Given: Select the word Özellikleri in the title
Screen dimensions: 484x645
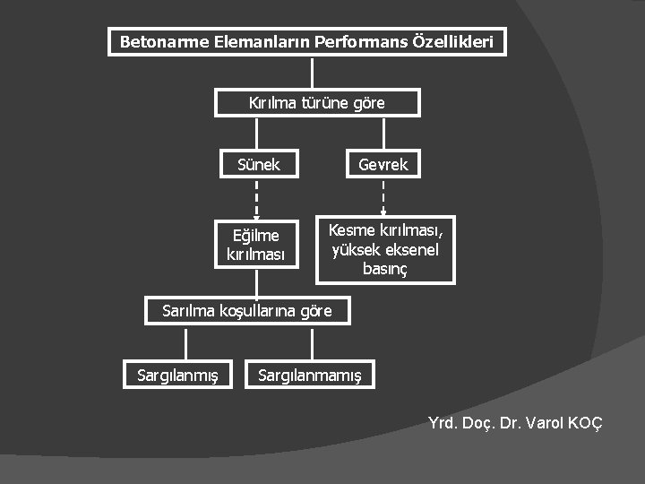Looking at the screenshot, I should [453, 42].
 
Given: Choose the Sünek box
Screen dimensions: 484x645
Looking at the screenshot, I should [258, 164].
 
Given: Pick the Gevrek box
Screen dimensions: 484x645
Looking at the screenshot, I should [383, 164].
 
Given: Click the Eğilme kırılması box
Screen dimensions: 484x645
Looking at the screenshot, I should [256, 245].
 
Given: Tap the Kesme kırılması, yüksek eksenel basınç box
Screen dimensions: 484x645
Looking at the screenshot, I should [385, 250].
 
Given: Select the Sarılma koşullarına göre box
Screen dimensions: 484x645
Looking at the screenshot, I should [247, 311].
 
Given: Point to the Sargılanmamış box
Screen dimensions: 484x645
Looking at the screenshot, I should [310, 375].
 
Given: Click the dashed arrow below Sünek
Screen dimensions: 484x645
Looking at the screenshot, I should [257, 199].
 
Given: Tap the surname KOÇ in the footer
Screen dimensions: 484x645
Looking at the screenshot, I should [583, 422].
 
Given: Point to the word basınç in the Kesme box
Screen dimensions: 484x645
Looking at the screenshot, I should [385, 268].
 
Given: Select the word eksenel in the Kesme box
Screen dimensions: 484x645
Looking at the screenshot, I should [411, 250].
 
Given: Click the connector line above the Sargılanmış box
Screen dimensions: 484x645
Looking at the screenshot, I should [186, 344].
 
